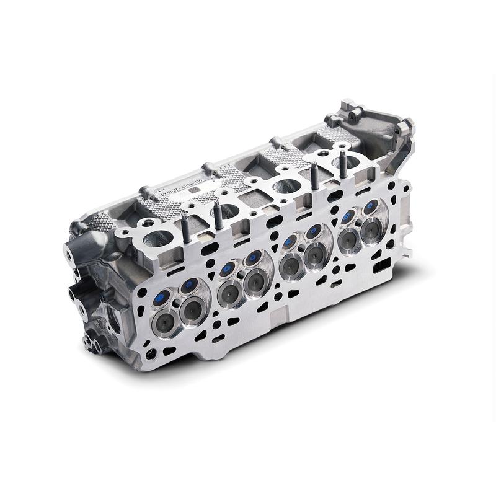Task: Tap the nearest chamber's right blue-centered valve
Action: (x=189, y=285)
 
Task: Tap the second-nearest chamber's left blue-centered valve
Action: (x=228, y=267)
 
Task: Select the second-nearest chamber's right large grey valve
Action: (x=255, y=282)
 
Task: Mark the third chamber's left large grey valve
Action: (x=289, y=265)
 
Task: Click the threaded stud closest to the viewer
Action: (x=185, y=230)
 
